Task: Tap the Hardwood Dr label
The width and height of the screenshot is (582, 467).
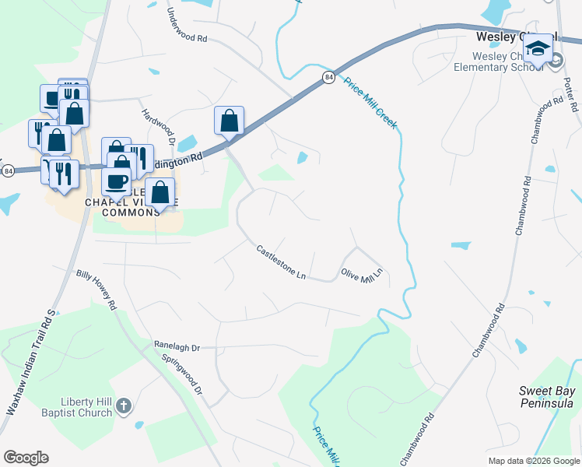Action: pyautogui.click(x=156, y=125)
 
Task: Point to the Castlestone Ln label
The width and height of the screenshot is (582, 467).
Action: pyautogui.click(x=282, y=262)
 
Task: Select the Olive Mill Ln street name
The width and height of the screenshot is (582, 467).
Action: pyautogui.click(x=363, y=276)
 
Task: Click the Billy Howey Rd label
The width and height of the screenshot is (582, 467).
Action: pyautogui.click(x=96, y=290)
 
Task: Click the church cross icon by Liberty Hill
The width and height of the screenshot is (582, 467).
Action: pyautogui.click(x=126, y=406)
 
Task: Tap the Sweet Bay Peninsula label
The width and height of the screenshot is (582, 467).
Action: pyautogui.click(x=545, y=396)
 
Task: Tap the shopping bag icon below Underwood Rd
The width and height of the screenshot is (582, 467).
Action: pyautogui.click(x=229, y=121)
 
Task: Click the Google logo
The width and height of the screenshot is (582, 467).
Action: pyautogui.click(x=26, y=458)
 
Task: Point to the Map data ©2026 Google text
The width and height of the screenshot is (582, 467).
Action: pyautogui.click(x=533, y=461)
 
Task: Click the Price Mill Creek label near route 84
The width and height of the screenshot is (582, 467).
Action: pyautogui.click(x=371, y=103)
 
